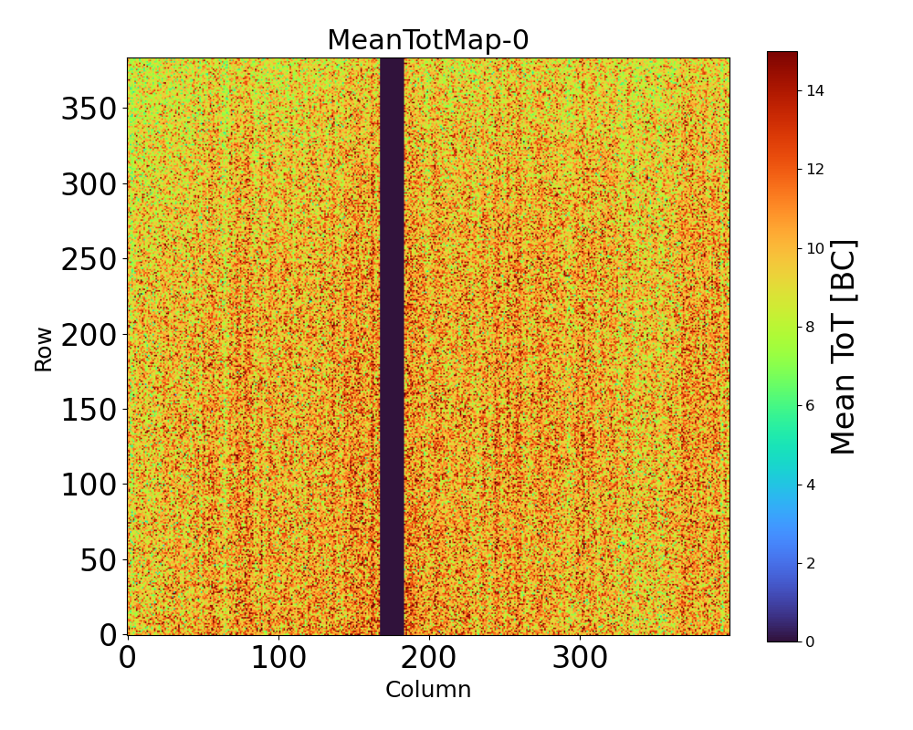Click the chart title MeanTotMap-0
coord(428,40)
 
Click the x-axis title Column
coord(428,690)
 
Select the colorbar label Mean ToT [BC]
coord(845,347)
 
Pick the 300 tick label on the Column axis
coord(580,659)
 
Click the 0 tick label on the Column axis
coord(128,659)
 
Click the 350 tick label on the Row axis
coord(88,109)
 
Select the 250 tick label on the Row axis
coord(88,260)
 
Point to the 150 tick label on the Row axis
coord(88,411)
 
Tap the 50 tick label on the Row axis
coord(99,560)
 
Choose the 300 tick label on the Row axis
coord(88,185)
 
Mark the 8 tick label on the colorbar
coord(809,327)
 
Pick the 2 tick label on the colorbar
coord(809,563)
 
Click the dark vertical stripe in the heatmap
coord(392,347)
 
